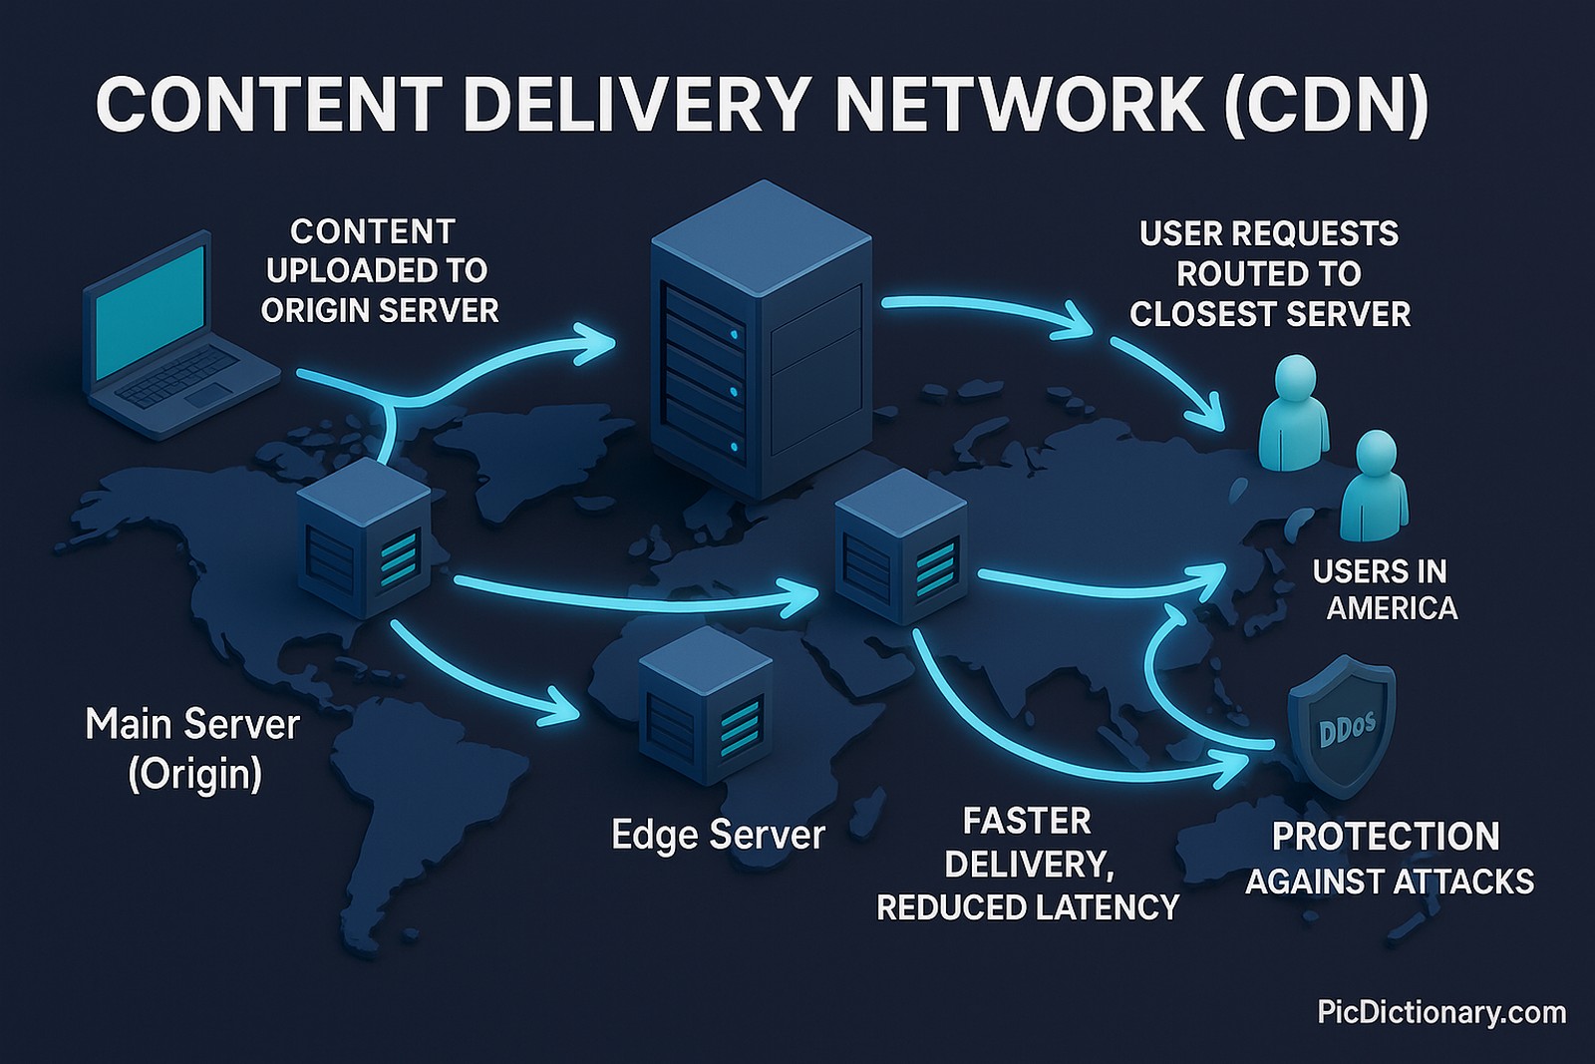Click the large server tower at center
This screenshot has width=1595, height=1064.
[760, 344]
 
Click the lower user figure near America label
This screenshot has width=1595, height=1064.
[1374, 489]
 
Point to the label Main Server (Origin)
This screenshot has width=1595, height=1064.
[192, 748]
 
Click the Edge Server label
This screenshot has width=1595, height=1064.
[718, 835]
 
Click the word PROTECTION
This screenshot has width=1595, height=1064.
[1386, 836]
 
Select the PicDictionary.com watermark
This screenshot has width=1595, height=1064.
[1440, 1013]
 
